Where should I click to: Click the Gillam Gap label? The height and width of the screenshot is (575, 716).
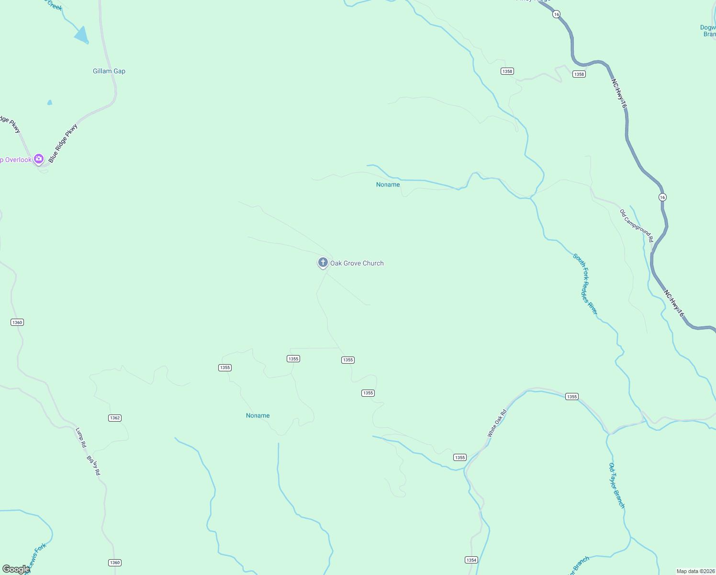coord(109,71)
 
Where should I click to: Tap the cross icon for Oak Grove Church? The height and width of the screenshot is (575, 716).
coord(323,263)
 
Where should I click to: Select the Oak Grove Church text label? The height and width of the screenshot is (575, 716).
coord(357,264)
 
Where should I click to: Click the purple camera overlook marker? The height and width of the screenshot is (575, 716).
coord(39,159)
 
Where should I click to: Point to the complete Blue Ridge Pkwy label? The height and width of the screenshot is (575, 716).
coord(63,143)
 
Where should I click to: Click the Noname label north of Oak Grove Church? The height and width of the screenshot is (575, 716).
coord(388,184)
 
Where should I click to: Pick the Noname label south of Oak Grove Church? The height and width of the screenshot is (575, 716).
coord(258,415)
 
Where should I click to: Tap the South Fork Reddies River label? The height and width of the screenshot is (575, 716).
coord(585,285)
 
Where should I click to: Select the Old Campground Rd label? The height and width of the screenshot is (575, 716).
coord(636,225)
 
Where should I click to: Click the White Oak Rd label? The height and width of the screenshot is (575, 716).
coord(497,424)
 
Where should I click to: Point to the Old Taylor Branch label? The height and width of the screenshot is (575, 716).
coord(616,485)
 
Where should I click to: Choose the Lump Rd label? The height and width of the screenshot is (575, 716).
coord(81,437)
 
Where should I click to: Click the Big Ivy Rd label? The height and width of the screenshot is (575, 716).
coord(93,465)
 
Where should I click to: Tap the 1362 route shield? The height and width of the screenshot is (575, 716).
coord(115,418)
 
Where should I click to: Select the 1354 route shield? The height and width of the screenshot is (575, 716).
coord(471,560)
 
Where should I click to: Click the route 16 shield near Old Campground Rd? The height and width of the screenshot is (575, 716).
coord(662,197)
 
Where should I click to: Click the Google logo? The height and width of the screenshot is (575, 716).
coord(16,569)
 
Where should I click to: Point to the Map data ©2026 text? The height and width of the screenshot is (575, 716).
coord(695,571)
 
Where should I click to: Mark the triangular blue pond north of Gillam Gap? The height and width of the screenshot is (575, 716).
coord(82,35)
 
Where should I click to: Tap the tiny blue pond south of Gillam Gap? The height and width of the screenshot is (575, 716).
coord(50,102)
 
